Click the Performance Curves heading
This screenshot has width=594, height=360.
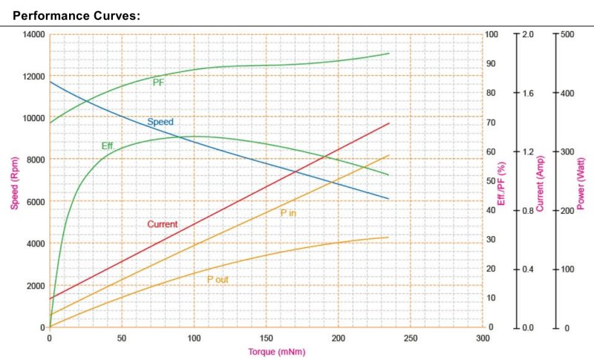pos(76,14)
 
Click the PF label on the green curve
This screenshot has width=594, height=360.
pos(158,82)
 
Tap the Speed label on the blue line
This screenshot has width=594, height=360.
pos(160,122)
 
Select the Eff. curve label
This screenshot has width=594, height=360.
pos(108,145)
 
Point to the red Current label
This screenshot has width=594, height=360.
pos(162,224)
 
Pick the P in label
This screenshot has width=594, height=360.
pos(288,213)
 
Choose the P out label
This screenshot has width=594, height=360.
pos(218,278)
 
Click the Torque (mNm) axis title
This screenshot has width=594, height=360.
pos(275,352)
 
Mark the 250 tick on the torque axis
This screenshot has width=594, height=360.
pos(411,338)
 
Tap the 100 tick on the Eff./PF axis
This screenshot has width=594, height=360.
pos(492,34)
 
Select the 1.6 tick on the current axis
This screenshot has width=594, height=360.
pos(528,94)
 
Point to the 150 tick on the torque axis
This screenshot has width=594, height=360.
pos(267,338)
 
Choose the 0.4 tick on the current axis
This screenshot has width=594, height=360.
pos(528,269)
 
